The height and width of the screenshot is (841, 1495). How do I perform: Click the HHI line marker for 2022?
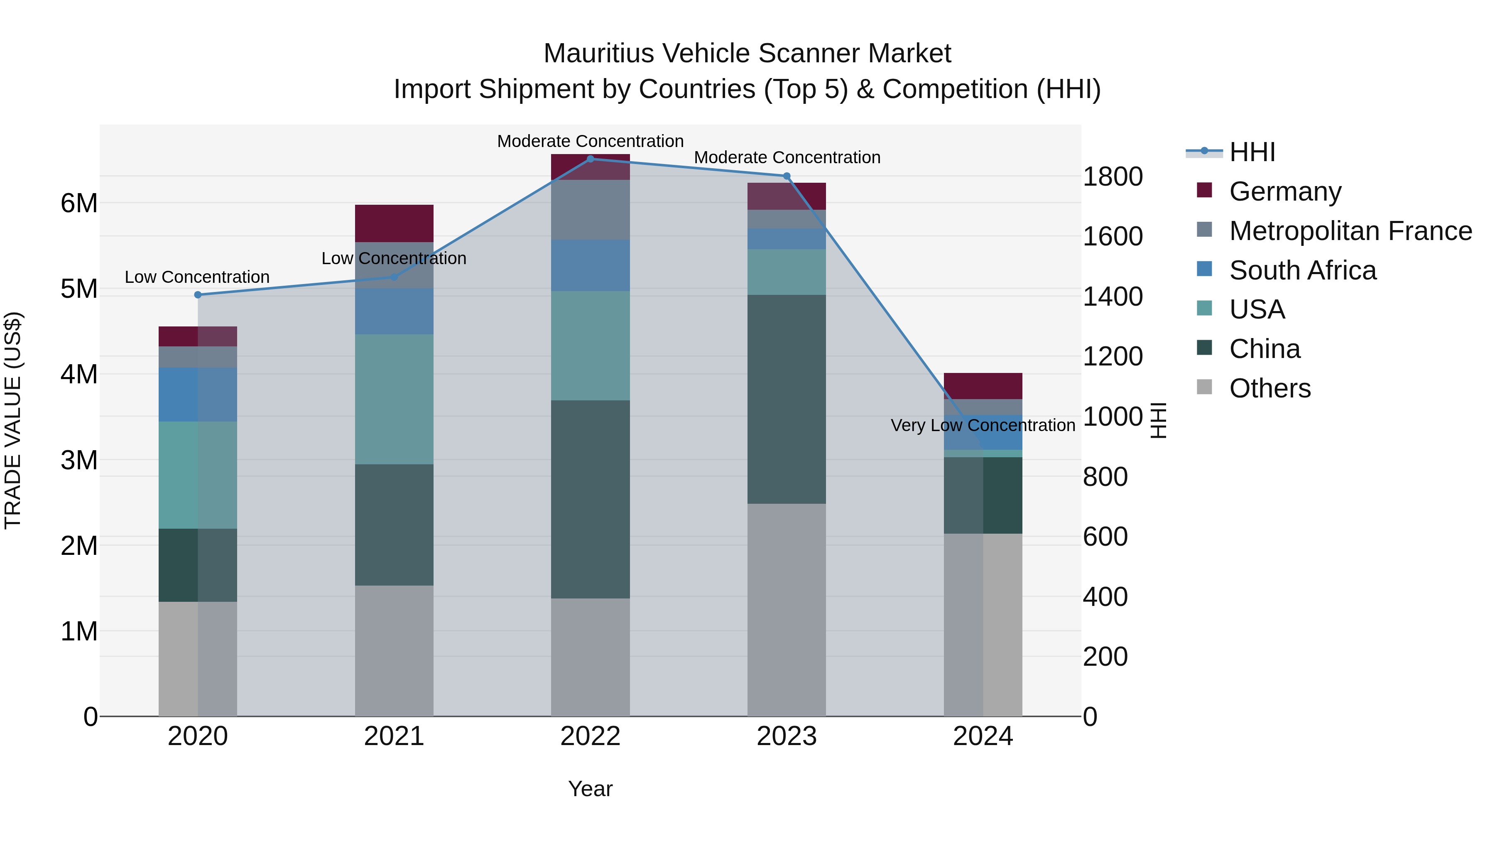pos(590,159)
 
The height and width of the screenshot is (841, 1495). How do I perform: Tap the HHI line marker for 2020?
pos(198,295)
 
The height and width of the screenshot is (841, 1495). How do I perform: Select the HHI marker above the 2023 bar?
pos(787,176)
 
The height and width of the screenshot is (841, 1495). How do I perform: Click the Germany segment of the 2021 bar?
pos(394,223)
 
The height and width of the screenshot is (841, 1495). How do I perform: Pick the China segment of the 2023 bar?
pos(787,399)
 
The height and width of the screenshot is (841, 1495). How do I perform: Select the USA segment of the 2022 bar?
pos(590,346)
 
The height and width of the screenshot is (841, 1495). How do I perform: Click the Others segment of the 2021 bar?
pos(394,650)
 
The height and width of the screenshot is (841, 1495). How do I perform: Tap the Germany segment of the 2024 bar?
pos(983,385)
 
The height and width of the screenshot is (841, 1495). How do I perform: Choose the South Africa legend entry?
pos(1302,270)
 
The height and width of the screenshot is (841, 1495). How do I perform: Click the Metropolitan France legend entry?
pos(1350,231)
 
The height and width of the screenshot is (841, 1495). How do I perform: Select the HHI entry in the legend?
pos(1252,152)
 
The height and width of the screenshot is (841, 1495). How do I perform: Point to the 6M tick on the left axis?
pos(79,203)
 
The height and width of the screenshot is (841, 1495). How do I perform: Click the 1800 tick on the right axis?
pos(1113,177)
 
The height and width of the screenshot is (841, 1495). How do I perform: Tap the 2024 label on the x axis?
pos(983,736)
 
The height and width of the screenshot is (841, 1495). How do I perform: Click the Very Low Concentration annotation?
pos(983,425)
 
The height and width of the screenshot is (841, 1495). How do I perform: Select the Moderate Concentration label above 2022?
pos(590,141)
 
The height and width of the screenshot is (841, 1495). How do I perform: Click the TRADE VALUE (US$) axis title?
pos(13,420)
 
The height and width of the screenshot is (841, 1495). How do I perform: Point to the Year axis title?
pos(590,789)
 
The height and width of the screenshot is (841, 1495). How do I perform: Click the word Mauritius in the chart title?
pos(597,54)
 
